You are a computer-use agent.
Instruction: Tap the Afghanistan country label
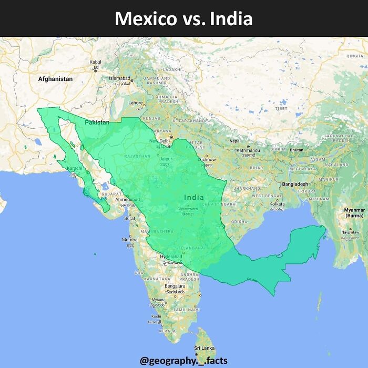click(x=55, y=79)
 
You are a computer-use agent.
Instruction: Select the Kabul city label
click(x=95, y=62)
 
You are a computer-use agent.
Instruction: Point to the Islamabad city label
click(x=119, y=78)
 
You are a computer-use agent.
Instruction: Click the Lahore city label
click(x=136, y=103)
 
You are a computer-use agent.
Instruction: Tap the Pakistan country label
click(x=98, y=122)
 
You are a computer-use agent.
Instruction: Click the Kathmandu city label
click(x=249, y=150)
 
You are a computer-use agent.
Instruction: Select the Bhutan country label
click(x=297, y=150)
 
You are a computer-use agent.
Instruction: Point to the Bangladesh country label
click(x=295, y=185)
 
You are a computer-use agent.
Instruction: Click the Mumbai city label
click(x=130, y=240)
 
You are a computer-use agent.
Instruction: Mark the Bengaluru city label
click(x=175, y=286)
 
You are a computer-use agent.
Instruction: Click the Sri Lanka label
click(x=205, y=348)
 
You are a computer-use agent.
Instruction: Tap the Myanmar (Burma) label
click(x=354, y=212)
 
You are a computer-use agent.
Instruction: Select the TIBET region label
click(x=281, y=108)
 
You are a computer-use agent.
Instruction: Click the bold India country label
click(x=194, y=197)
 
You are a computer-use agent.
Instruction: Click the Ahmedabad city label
click(x=128, y=200)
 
